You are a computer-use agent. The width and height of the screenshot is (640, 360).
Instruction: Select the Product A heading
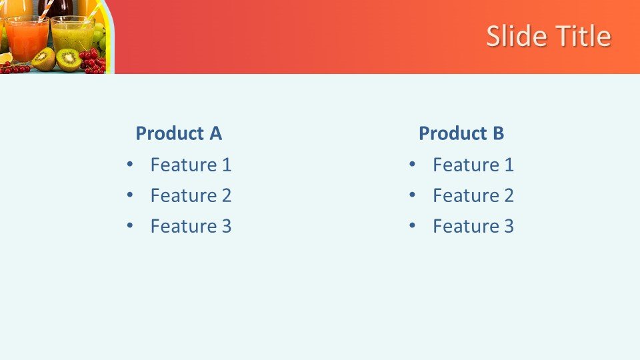(179, 133)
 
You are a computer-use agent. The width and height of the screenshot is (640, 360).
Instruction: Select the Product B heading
(461, 133)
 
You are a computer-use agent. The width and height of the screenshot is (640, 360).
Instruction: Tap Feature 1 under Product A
(191, 165)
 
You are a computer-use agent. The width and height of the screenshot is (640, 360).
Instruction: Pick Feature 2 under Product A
(191, 195)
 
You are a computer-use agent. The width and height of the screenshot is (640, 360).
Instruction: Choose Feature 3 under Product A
(191, 226)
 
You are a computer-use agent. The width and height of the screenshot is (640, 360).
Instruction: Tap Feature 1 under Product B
(473, 165)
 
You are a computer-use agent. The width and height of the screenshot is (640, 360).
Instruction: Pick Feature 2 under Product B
(473, 195)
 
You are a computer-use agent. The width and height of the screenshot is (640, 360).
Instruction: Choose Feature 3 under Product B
(473, 226)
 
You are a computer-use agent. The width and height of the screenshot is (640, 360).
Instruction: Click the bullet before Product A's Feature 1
(130, 164)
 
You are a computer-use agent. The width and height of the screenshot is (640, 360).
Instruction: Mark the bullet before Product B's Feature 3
(412, 225)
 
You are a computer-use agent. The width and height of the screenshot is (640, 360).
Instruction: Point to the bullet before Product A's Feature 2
(130, 195)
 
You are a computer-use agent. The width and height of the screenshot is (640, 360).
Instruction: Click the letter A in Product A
(215, 133)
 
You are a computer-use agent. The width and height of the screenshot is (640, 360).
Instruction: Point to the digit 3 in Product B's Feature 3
(509, 226)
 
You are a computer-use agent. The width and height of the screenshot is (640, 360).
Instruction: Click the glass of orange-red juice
(27, 39)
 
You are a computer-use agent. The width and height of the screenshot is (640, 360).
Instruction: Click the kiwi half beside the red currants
(68, 60)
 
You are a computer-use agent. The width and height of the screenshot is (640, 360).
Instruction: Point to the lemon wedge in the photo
(6, 57)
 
